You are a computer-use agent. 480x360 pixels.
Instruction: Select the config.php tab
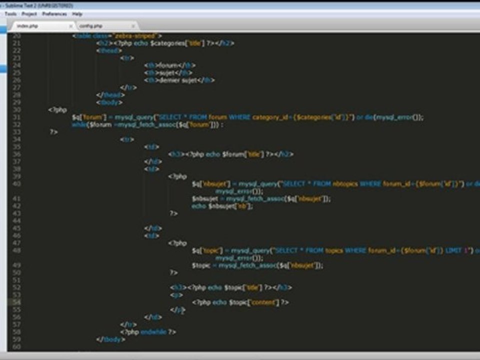click(x=91, y=25)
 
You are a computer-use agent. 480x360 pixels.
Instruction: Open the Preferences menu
click(x=54, y=14)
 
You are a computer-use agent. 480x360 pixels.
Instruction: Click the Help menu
click(x=77, y=14)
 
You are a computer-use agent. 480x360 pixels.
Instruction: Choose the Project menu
click(x=29, y=14)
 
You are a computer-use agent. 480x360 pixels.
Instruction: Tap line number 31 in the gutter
click(x=16, y=117)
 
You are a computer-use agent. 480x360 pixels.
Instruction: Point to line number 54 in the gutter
click(x=16, y=302)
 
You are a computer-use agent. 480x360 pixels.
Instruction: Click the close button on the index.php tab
click(x=70, y=25)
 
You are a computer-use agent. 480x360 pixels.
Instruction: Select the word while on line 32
click(x=79, y=125)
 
